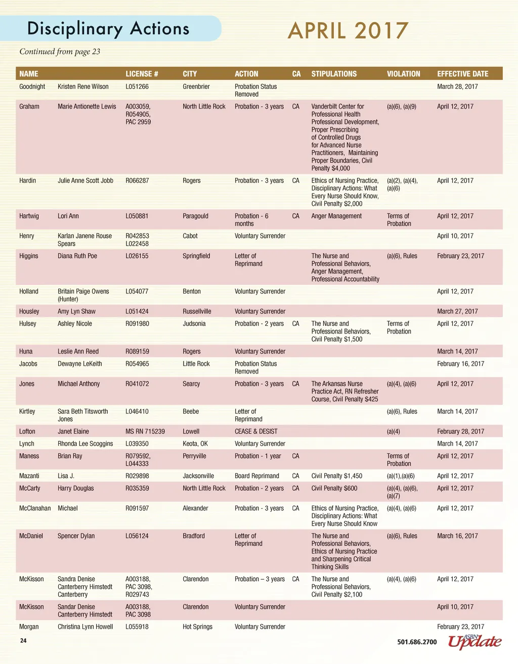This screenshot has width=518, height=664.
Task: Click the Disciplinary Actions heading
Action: pyautogui.click(x=108, y=28)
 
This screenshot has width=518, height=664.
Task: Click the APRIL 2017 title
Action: pyautogui.click(x=348, y=31)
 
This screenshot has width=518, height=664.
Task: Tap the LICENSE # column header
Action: pyautogui.click(x=142, y=74)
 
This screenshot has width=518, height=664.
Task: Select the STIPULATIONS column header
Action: pyautogui.click(x=334, y=74)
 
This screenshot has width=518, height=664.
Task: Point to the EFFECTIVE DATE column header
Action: pyautogui.click(x=462, y=74)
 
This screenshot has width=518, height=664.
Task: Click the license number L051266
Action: pyautogui.click(x=137, y=87)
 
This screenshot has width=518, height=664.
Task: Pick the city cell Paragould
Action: pyautogui.click(x=195, y=216)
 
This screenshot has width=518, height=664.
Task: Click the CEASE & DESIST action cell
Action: pyautogui.click(x=256, y=432)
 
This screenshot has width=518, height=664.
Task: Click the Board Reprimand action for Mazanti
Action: pyautogui.click(x=256, y=476)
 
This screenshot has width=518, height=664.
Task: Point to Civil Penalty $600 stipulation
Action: pyautogui.click(x=334, y=489)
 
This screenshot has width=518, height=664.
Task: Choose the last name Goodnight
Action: pyautogui.click(x=32, y=87)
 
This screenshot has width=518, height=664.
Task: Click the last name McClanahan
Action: pyautogui.click(x=35, y=508)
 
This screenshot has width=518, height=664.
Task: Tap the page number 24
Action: pyautogui.click(x=23, y=641)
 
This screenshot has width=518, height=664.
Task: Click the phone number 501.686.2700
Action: pyautogui.click(x=417, y=642)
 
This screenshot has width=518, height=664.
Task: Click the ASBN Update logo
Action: pyautogui.click(x=474, y=641)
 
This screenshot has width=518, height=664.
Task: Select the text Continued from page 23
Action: pyautogui.click(x=60, y=52)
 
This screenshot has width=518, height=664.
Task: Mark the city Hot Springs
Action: pyautogui.click(x=197, y=627)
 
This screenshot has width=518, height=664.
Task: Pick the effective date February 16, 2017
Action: pyautogui.click(x=460, y=364)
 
